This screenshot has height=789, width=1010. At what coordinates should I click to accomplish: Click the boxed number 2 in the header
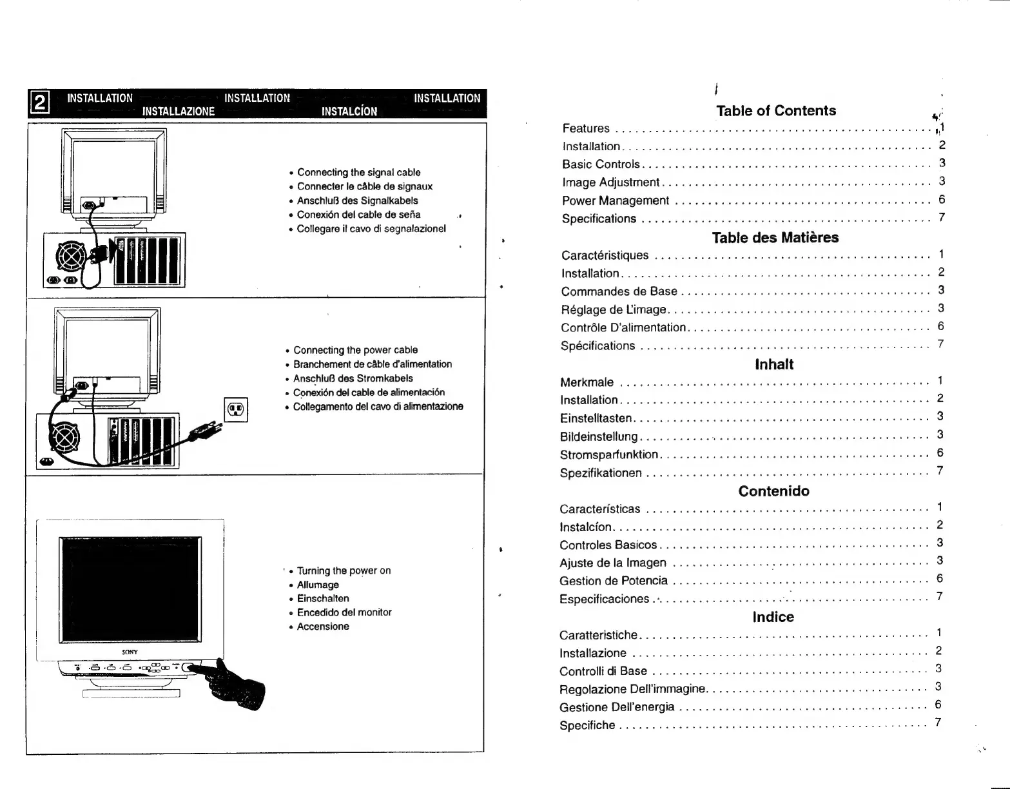40,104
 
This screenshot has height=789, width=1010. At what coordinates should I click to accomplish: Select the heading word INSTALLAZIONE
179,111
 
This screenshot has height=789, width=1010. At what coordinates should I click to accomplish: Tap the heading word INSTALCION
349,111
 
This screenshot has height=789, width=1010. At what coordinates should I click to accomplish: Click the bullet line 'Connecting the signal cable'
358,172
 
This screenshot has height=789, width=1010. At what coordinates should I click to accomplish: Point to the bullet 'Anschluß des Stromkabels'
353,378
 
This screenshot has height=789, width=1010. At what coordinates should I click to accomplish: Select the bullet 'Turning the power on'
344,570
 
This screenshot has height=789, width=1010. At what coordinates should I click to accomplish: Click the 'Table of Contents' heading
776,111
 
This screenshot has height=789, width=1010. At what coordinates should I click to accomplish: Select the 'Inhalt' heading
774,364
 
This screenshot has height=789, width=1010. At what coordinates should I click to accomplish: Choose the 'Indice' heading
773,617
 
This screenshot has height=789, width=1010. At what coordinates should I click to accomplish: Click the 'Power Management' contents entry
616,200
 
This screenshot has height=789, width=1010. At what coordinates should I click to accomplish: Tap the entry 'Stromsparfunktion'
609,454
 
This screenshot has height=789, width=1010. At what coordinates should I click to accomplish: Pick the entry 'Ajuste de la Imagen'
613,563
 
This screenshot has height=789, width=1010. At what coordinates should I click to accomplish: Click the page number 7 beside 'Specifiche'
938,722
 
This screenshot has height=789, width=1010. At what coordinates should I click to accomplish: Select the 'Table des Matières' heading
775,237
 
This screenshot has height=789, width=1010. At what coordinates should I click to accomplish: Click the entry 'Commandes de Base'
619,291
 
